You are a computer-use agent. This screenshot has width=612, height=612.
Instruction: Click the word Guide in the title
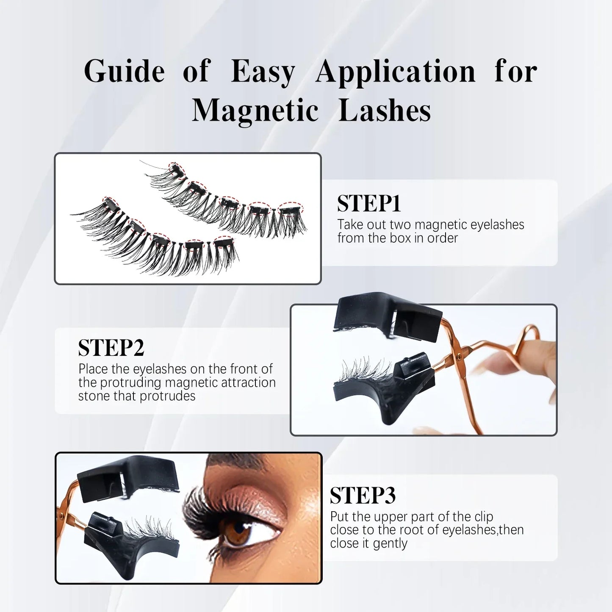pos(124,71)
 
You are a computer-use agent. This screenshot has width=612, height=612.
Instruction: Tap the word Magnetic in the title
pos(255,111)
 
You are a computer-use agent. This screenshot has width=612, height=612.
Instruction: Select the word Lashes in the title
pos(385,111)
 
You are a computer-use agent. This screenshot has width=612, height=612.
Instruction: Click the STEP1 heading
pos(369,204)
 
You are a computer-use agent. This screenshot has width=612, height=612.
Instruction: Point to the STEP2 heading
pos(111,348)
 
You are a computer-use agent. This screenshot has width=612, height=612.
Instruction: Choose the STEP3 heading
pos(363,496)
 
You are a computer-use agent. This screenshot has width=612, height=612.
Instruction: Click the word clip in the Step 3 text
pos(484,517)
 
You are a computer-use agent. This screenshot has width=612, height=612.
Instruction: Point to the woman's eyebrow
pos(237,460)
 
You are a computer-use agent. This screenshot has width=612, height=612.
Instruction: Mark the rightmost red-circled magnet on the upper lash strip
pos(291,208)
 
